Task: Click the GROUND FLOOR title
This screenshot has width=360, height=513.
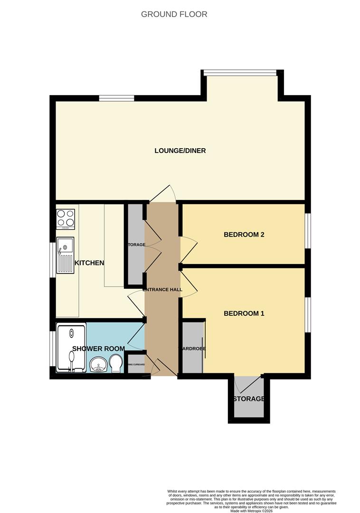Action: [174, 14]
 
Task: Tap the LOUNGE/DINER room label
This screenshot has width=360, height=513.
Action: [180, 151]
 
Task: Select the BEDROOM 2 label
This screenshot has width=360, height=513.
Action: [244, 235]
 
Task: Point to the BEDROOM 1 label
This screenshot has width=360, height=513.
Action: [244, 313]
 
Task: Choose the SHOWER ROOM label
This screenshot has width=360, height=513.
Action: [98, 349]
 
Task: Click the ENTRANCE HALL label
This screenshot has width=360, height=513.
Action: [162, 289]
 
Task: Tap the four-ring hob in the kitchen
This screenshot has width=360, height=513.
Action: [66, 219]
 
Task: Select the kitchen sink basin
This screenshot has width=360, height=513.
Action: [65, 247]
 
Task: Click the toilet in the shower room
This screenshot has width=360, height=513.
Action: [115, 365]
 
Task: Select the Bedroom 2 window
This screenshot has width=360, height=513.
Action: [308, 231]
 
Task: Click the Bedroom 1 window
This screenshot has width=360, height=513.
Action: [308, 314]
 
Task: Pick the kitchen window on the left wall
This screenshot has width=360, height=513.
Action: [53, 260]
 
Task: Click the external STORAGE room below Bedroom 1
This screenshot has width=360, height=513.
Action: [248, 399]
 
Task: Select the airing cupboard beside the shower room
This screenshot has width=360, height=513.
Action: [136, 365]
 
